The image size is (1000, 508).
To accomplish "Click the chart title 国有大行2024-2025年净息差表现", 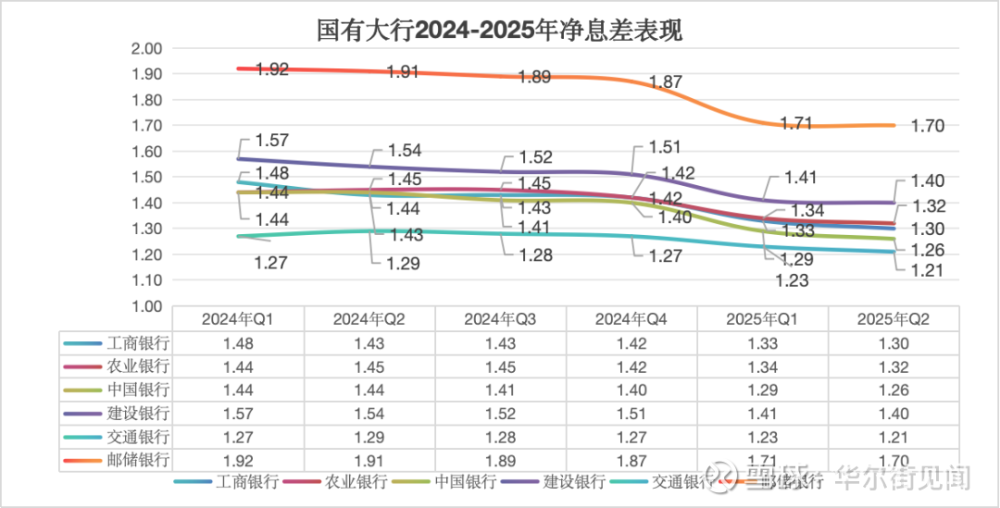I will (x=499, y=31).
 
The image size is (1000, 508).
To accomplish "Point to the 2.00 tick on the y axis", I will (x=147, y=48).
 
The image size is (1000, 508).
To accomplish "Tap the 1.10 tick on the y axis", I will (x=147, y=279).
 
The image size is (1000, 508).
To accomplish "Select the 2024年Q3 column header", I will (x=500, y=319).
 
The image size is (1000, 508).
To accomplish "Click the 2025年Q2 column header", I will (x=893, y=319).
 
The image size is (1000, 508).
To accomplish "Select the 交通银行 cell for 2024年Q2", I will (x=369, y=436).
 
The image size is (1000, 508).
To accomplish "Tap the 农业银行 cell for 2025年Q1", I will (x=762, y=366).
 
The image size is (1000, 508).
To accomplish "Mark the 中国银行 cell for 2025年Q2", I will (x=893, y=390).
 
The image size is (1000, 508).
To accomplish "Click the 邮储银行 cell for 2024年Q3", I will (x=500, y=459).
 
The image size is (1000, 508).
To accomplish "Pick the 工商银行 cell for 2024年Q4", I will (x=631, y=343).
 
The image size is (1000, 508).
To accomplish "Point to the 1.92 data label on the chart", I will (x=272, y=69).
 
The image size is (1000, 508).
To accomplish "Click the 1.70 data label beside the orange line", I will (x=928, y=127).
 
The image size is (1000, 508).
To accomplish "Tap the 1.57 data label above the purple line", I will (x=272, y=141).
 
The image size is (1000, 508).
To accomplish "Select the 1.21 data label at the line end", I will (x=928, y=269).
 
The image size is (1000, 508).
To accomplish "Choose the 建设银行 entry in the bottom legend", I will (x=574, y=481).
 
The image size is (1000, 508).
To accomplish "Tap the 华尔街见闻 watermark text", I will (x=903, y=478).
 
